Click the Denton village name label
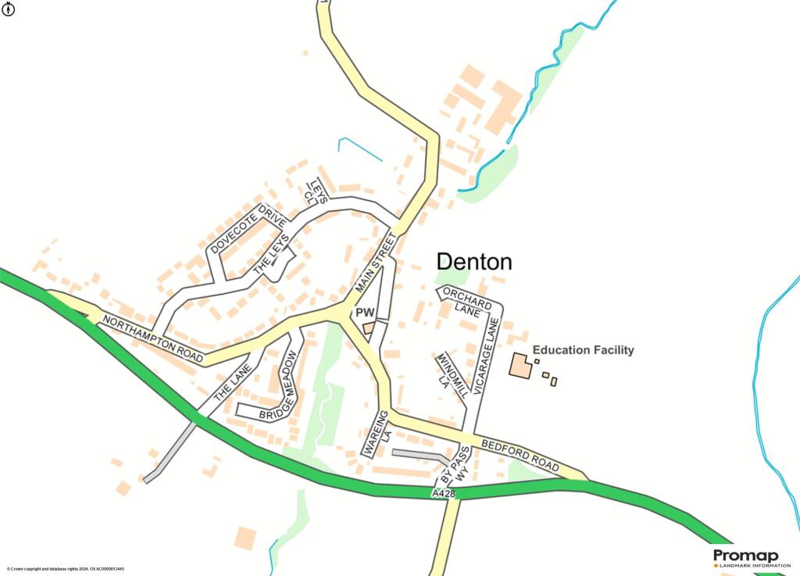click(473, 262)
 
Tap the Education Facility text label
click(583, 350)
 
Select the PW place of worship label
click(366, 313)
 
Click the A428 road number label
click(442, 494)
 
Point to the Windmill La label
click(451, 374)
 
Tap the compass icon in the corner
click(9, 9)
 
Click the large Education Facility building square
click(520, 366)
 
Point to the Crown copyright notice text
click(66, 569)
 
